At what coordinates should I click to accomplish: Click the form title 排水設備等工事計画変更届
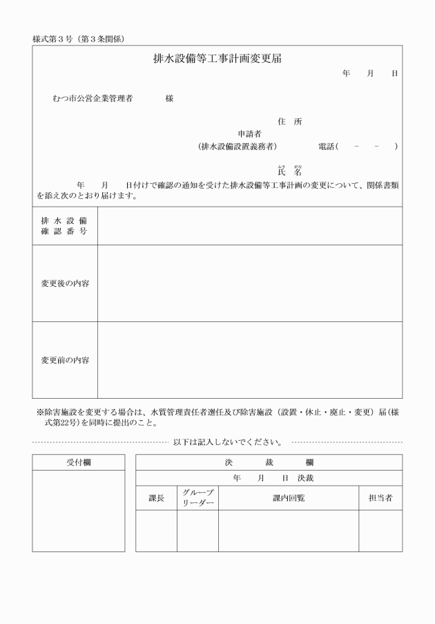(217, 59)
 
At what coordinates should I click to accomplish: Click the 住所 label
(290, 122)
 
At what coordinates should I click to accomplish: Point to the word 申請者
(249, 134)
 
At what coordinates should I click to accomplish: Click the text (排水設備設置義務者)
(237, 146)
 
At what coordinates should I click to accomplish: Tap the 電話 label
(327, 146)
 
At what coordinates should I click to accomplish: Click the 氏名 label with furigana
(290, 171)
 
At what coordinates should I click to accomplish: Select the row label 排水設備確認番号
(65, 226)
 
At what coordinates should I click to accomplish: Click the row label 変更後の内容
(65, 283)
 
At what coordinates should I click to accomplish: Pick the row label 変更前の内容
(65, 360)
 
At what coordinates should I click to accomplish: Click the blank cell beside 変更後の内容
(249, 283)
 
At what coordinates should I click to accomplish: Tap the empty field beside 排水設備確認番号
(249, 226)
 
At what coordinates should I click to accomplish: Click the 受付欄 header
(78, 462)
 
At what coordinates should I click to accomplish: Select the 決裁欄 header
(269, 462)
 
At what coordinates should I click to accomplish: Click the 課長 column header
(156, 498)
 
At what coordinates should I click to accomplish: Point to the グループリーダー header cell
(197, 498)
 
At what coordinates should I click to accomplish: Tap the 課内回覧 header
(289, 498)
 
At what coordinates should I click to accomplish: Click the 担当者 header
(380, 498)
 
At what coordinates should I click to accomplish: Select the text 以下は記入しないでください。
(227, 442)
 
